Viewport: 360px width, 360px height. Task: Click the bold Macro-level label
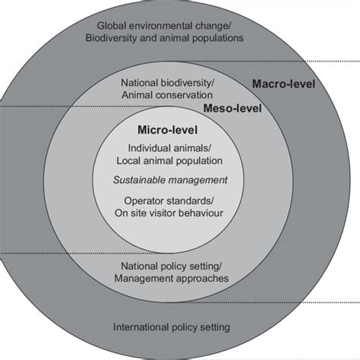(283, 84)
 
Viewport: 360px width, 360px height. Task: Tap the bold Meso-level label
(232, 109)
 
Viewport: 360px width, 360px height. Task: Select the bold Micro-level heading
(167, 130)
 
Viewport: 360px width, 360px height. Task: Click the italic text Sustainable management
(170, 180)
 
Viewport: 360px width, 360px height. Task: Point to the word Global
(112, 26)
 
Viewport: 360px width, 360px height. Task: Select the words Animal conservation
(167, 95)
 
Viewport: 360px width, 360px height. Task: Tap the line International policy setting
(172, 327)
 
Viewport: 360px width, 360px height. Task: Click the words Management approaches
(172, 278)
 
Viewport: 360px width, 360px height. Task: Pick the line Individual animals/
(169, 148)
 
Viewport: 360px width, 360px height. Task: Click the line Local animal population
(169, 161)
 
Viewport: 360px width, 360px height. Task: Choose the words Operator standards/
(169, 201)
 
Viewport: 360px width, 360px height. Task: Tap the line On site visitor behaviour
(169, 213)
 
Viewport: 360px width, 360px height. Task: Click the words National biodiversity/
(168, 83)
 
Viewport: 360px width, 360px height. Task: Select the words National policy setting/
(172, 267)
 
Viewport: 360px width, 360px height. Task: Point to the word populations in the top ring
(218, 39)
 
